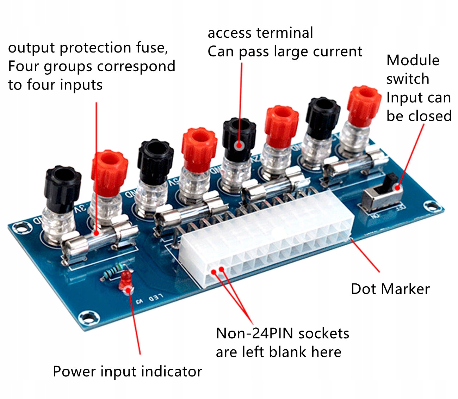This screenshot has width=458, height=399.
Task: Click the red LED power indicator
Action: [125, 280]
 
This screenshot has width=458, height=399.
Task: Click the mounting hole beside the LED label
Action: [88, 317]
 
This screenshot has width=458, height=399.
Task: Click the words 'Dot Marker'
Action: [390, 289]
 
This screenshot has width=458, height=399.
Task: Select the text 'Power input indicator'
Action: [127, 372]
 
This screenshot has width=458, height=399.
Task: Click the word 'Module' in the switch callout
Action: [413, 60]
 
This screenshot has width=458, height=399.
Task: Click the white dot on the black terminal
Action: [239, 145]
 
